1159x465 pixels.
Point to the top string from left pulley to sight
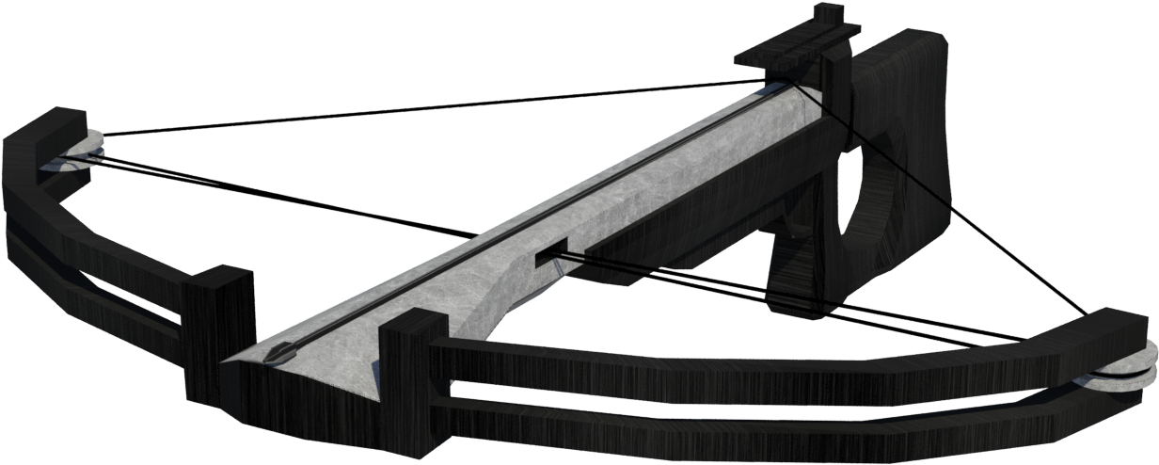(423, 108)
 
